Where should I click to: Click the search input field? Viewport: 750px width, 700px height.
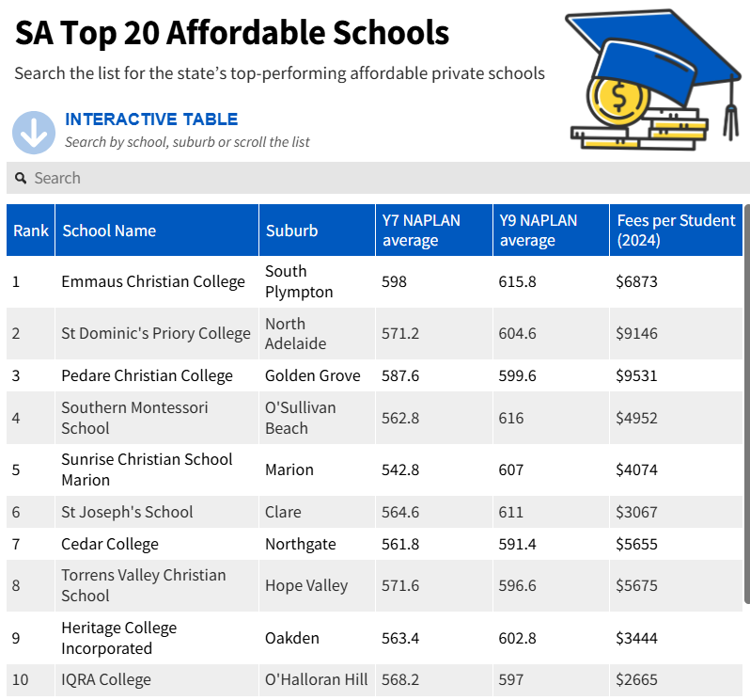coord(376,178)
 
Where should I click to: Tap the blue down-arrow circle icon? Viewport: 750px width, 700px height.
coord(34,133)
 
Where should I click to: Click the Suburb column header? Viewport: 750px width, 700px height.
coord(291,231)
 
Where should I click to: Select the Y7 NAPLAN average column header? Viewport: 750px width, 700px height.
coord(421,231)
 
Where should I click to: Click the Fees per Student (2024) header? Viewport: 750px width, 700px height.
coord(676,231)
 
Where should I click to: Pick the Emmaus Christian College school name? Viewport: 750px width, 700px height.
coord(153,281)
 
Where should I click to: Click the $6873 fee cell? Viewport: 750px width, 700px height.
coord(637,281)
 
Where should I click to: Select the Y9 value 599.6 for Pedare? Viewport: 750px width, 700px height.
coord(517,375)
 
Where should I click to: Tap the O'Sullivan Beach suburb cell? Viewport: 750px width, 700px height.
coord(300,418)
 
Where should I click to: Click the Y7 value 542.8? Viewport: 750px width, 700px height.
coord(399,469)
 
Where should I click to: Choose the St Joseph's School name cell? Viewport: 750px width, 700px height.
coord(127,512)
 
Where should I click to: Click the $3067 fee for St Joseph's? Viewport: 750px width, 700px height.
coord(637,512)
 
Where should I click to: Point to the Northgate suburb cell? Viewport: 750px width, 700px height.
coord(300,544)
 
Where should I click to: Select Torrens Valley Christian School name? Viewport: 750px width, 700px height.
coord(143,585)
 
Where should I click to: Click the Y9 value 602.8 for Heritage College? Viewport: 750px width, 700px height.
coord(517,638)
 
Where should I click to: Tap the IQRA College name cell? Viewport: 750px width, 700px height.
coord(106,679)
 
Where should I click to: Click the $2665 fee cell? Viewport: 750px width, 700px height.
coord(637,679)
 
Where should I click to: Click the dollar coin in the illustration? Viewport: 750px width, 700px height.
coord(617,98)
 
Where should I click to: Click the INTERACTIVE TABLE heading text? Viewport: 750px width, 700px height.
coord(151,119)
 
